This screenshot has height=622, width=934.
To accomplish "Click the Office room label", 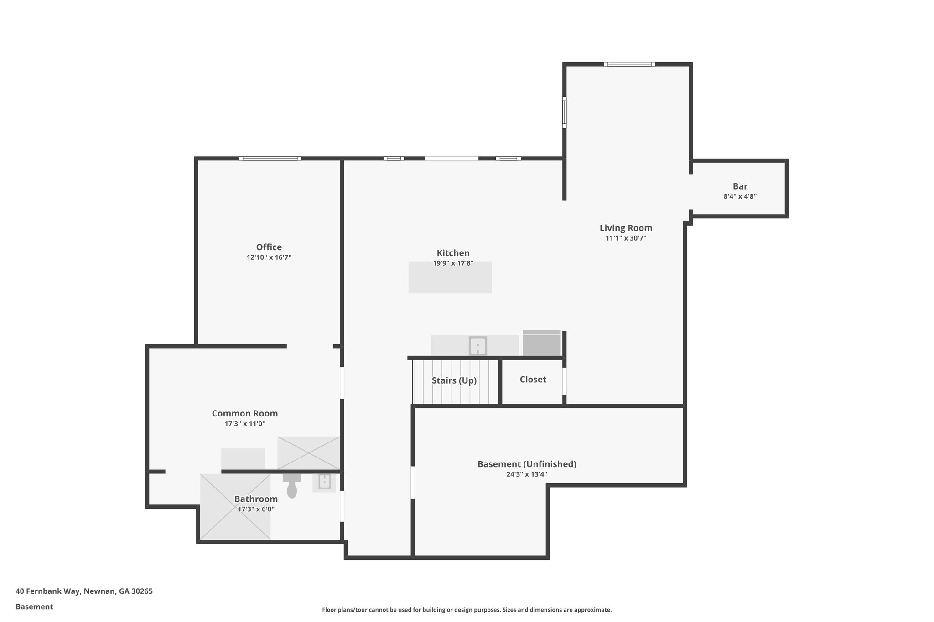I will (x=269, y=247).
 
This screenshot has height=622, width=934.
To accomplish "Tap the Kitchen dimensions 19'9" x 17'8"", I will (x=453, y=263).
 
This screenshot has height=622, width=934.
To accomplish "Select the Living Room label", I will (x=626, y=228).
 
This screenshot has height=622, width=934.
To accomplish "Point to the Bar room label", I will (x=740, y=186).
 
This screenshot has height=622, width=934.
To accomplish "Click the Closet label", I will (x=533, y=380).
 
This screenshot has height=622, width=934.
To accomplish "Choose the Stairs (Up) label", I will (x=454, y=380).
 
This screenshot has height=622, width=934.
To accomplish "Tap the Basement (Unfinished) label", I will (x=527, y=464).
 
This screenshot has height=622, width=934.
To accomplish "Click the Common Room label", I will (x=244, y=413).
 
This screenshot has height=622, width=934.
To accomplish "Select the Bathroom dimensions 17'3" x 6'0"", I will (x=256, y=509).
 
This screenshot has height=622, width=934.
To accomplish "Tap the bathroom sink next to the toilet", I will (x=324, y=482).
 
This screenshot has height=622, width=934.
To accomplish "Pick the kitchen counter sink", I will (x=477, y=346).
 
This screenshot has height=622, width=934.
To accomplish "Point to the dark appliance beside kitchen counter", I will (x=541, y=343).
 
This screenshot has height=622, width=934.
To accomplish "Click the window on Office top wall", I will (x=270, y=159).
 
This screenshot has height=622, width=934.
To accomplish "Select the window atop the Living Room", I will (x=629, y=64).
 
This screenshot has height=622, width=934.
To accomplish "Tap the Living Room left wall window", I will (x=564, y=112).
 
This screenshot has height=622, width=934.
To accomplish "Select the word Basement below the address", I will (x=34, y=607).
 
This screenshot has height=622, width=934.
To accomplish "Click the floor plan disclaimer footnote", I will (x=467, y=610).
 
